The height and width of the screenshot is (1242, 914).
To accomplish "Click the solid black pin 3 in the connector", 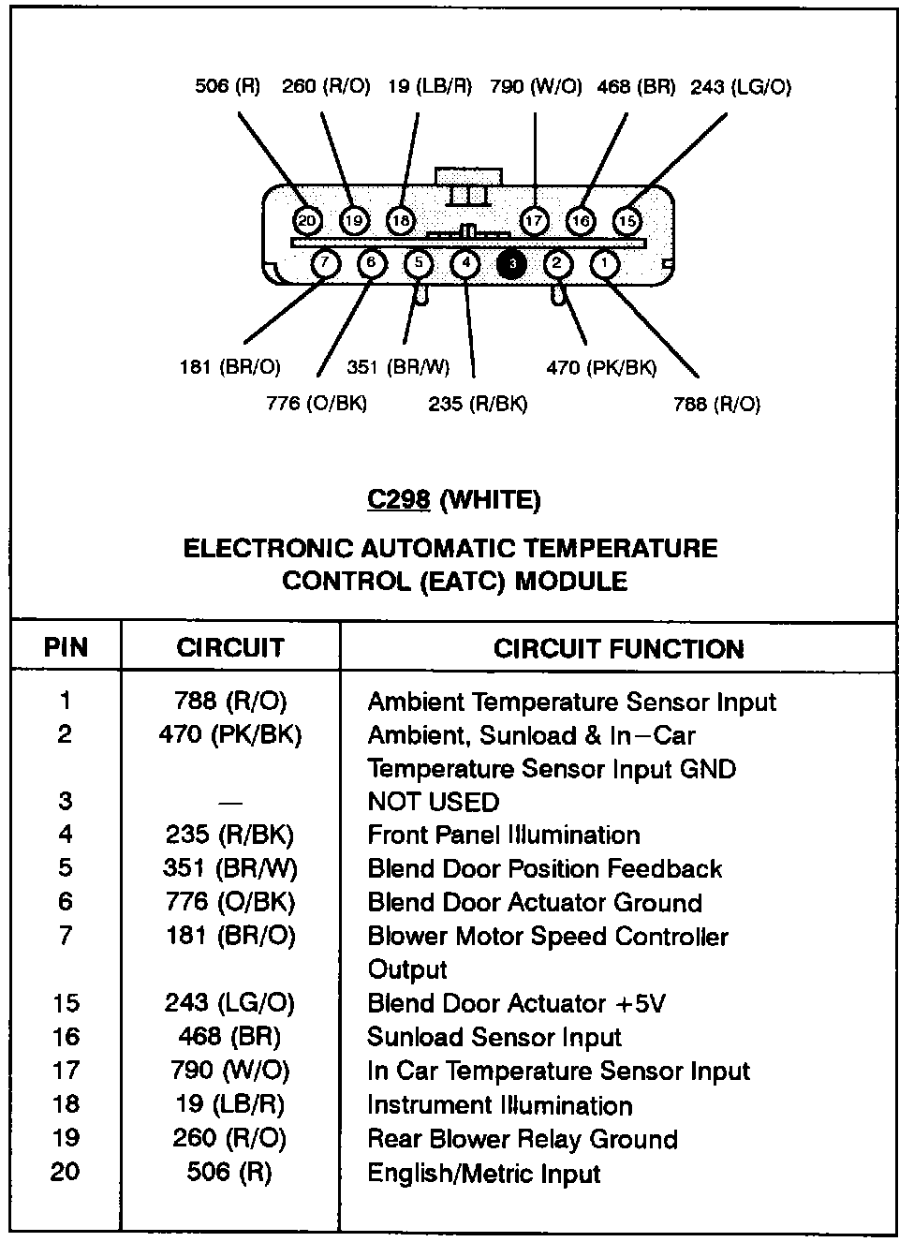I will coord(512,265).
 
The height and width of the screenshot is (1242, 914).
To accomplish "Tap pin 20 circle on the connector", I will coord(306,220).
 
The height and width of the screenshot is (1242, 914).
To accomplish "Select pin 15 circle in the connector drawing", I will coord(627,221).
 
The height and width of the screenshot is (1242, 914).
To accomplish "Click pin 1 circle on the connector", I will coord(605,264).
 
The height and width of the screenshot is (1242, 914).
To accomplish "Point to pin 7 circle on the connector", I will coord(325,264).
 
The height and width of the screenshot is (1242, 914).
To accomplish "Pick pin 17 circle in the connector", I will coord(534,221).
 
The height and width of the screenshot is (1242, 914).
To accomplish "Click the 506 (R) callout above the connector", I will coord(228,87).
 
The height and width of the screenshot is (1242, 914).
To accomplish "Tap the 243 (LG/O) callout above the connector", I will coord(741,87).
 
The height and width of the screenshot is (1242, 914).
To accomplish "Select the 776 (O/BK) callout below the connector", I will coord(317,404).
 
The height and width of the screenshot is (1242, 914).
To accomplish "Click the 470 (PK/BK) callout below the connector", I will coord(601,368).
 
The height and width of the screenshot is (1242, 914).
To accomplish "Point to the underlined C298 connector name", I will coord(398,500).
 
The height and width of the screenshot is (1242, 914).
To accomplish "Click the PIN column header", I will coord(66,647).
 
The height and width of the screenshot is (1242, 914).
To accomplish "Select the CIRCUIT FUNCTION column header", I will coord(618,649).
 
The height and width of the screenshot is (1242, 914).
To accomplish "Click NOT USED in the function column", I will coord(434,802).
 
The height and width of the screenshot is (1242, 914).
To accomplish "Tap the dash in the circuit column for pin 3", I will coord(230,803).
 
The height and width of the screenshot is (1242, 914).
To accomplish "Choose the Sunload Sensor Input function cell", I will coord(494,1037).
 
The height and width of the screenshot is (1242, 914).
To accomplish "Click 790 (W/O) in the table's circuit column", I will coord(230,1070).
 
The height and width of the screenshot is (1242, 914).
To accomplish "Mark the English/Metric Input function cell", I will coord(483,1173).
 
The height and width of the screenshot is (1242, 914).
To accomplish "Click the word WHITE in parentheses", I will coord(490,500).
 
